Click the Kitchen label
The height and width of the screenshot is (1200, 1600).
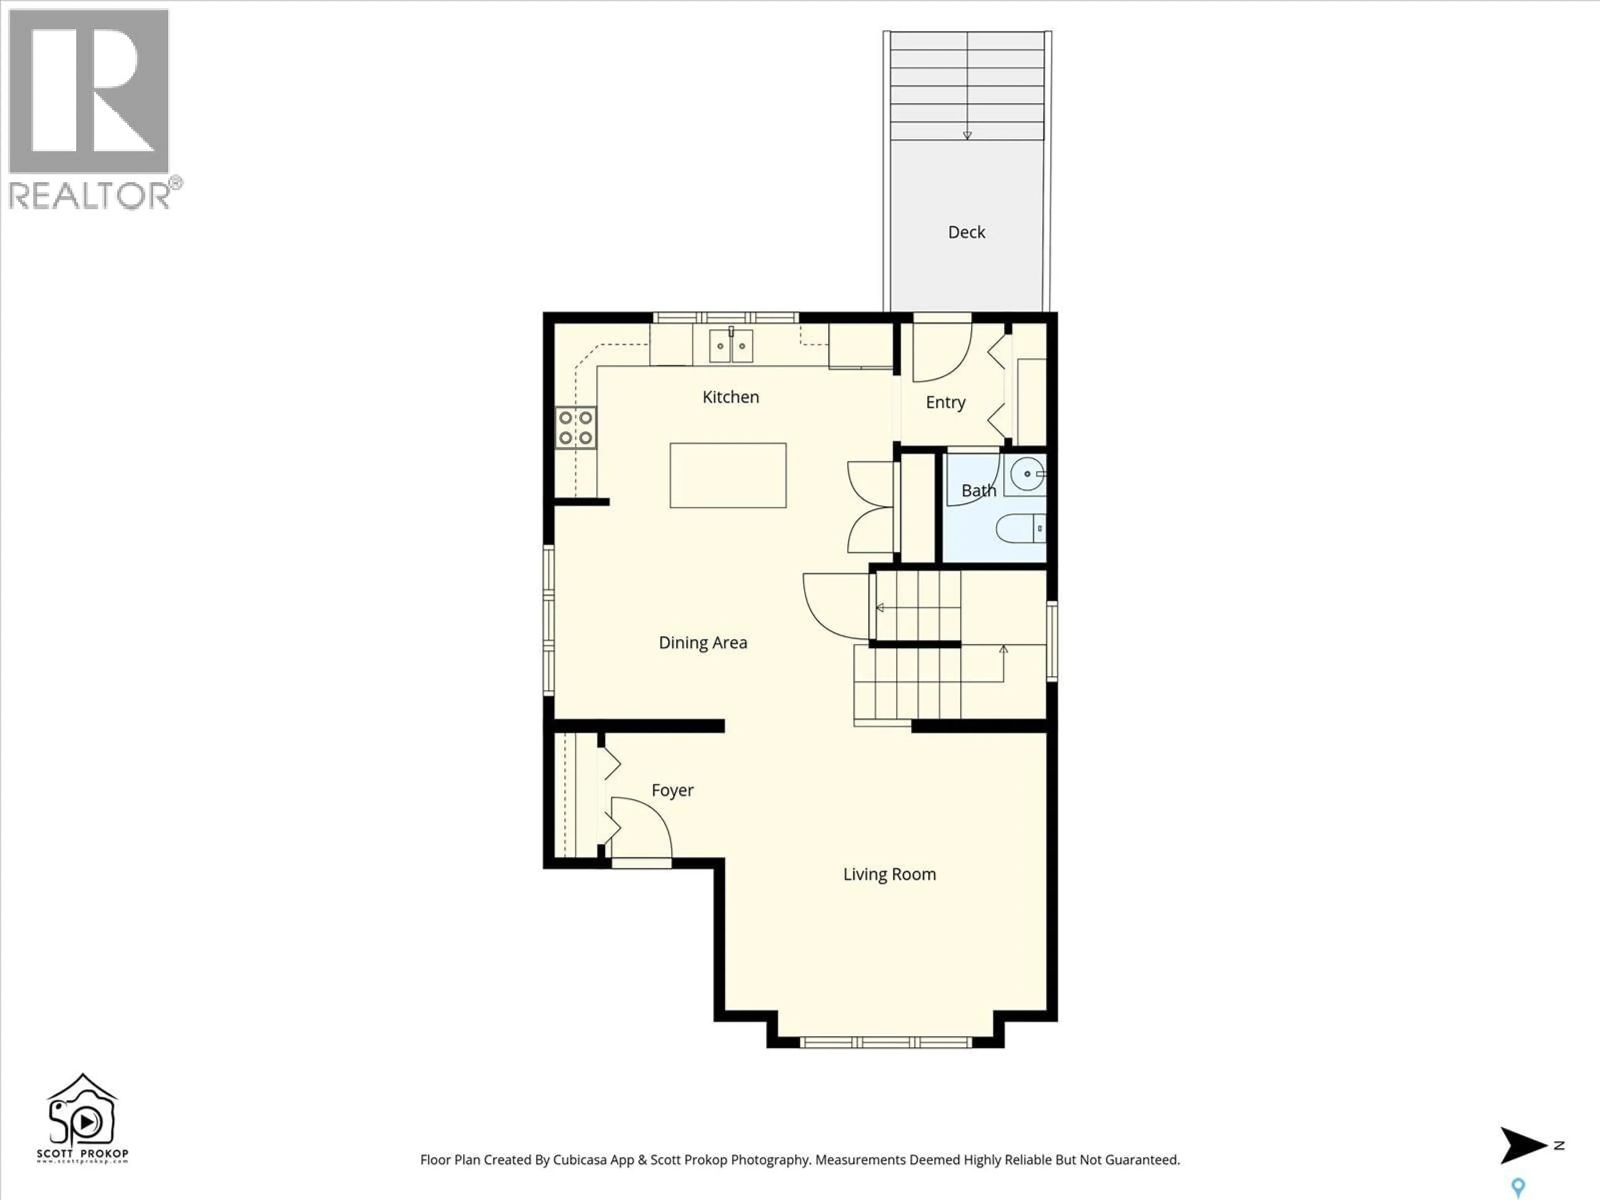pos(730,397)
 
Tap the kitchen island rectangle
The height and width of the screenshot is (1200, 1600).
pos(727,475)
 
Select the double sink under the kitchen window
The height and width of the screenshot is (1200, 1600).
pos(730,346)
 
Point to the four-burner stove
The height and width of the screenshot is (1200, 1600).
pos(576,427)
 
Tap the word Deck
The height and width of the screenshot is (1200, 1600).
pos(966,232)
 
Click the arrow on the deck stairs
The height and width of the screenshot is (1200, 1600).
pos(967,135)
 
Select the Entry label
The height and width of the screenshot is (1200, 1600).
pos(945,403)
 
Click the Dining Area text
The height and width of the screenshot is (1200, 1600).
pos(702,643)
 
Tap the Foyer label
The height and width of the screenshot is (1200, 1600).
pos(672,790)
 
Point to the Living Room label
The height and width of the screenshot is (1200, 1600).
pos(889,875)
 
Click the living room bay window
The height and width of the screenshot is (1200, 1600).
pos(885,1042)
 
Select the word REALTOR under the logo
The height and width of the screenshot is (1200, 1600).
pos(88,196)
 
